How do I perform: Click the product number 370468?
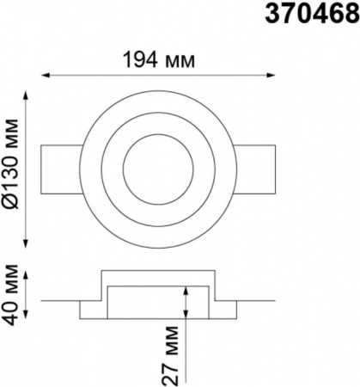(312, 14)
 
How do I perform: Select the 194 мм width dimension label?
(159, 60)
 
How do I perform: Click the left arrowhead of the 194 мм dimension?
(46, 75)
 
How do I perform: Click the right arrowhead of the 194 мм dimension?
(271, 75)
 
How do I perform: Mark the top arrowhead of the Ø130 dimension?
(26, 95)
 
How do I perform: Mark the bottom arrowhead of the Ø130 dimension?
(26, 243)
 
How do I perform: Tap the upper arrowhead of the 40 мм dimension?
(26, 276)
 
